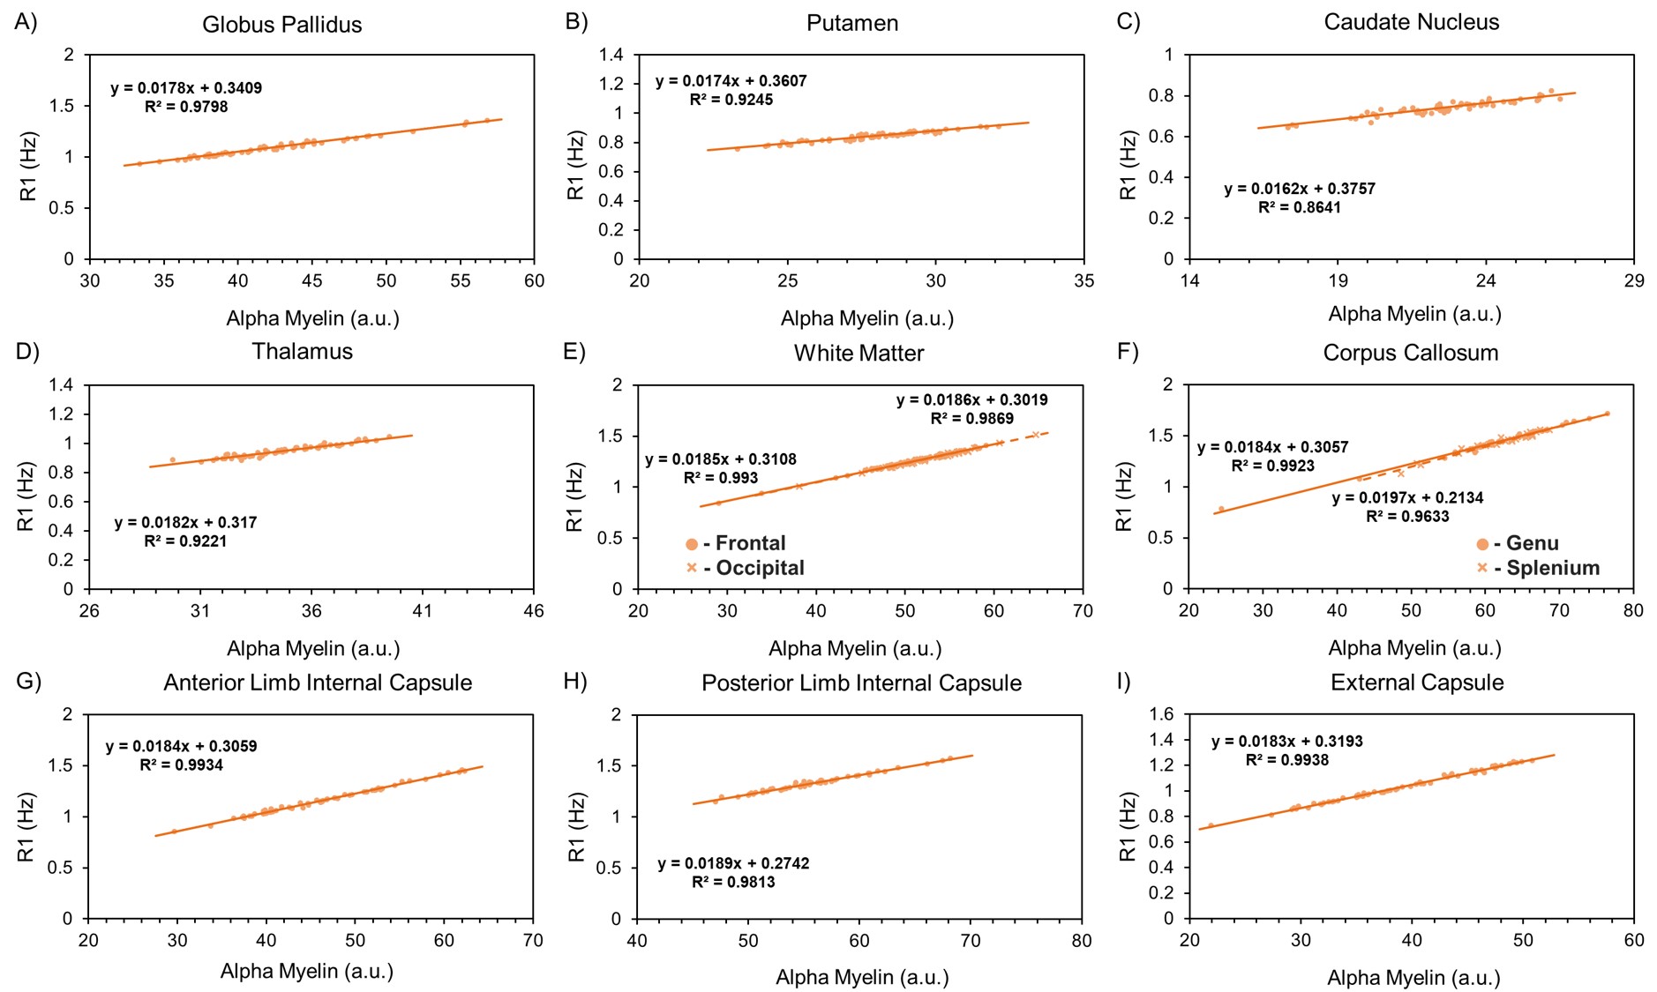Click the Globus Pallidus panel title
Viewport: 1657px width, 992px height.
[x=281, y=25]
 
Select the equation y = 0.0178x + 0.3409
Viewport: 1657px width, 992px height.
[x=186, y=88]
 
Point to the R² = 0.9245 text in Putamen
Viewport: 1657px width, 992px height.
[x=731, y=100]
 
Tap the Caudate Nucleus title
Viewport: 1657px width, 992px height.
[x=1411, y=23]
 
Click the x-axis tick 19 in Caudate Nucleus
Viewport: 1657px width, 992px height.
[x=1338, y=280]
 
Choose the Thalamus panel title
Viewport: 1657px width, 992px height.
[x=302, y=352]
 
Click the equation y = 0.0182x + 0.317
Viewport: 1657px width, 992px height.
[x=185, y=522]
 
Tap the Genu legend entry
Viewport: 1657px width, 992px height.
[x=1531, y=543]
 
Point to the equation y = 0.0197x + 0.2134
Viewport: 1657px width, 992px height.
[x=1407, y=498]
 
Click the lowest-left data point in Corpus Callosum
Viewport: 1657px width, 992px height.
[x=1221, y=510]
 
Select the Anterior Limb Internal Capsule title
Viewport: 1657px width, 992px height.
[x=318, y=682]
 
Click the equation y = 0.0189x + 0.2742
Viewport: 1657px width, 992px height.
[x=733, y=863]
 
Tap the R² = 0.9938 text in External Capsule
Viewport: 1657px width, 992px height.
[x=1286, y=760]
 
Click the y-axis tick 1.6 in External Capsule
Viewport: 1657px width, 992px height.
[x=1163, y=714]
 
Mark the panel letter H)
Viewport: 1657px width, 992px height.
[x=575, y=682]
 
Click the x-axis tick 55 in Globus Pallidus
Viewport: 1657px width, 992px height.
[x=460, y=280]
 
